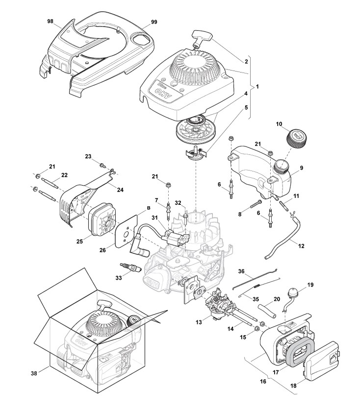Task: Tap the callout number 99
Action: (154, 23)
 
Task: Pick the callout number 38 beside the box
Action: (34, 373)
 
